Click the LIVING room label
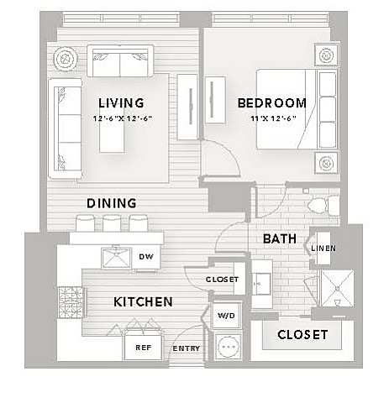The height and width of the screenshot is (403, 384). (121, 103)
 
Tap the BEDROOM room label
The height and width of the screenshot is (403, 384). (272, 103)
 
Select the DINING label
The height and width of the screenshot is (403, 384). (112, 203)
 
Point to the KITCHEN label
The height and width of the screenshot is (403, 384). (143, 302)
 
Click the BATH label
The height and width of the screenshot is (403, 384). (280, 238)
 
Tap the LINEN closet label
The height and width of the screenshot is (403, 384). (324, 249)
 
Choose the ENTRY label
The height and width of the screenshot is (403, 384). (187, 348)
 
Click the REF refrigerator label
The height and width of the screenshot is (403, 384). (144, 348)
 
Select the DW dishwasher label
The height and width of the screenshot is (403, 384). (146, 256)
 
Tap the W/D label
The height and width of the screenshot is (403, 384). (226, 316)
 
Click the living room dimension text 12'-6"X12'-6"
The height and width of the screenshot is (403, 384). (123, 118)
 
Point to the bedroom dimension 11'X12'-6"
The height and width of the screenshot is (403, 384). (273, 118)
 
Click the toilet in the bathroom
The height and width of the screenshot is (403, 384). (324, 206)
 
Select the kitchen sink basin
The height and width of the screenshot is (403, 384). (116, 258)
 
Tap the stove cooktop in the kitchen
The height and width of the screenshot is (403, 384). (71, 302)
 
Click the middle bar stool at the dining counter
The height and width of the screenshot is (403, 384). (112, 223)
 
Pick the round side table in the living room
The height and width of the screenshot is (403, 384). (66, 59)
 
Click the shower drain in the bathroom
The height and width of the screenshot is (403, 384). (338, 288)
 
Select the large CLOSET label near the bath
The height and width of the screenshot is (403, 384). (302, 335)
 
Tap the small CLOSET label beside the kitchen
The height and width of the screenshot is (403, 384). (222, 280)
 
